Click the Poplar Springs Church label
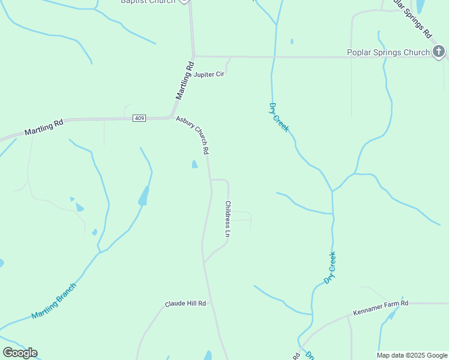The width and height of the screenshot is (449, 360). (x=388, y=52)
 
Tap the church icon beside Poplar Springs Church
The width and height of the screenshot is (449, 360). (x=439, y=52)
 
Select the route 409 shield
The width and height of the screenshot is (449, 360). (x=139, y=118)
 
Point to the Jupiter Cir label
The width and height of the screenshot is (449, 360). (x=209, y=74)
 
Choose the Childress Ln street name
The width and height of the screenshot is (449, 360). (x=228, y=218)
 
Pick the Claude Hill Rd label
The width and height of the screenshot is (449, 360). (x=185, y=304)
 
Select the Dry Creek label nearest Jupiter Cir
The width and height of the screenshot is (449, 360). (x=279, y=117)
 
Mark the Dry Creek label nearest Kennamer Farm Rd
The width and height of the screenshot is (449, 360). (x=330, y=268)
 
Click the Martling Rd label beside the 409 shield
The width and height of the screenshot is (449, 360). (x=44, y=128)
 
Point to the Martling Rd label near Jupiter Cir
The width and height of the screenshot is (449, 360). (x=185, y=80)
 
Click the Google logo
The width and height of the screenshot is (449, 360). (x=20, y=353)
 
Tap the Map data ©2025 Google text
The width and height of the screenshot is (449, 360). (x=412, y=355)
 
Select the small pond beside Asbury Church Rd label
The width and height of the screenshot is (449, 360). (x=194, y=164)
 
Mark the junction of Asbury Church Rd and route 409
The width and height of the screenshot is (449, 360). (x=172, y=117)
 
